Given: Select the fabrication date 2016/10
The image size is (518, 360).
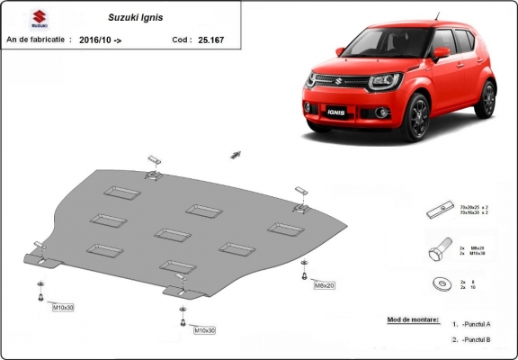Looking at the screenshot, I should pyautogui.click(x=101, y=40).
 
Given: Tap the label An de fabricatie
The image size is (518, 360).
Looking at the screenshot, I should pyautogui.click(x=36, y=40).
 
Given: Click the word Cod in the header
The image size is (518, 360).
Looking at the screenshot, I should pyautogui.click(x=180, y=40).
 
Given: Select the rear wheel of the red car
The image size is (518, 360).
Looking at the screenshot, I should pyautogui.click(x=487, y=98).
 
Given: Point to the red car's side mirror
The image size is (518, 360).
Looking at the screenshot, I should pyautogui.click(x=442, y=53).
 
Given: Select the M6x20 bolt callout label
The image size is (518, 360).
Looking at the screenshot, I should pyautogui.click(x=324, y=284).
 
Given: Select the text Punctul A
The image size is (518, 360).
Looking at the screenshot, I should pyautogui.click(x=477, y=324).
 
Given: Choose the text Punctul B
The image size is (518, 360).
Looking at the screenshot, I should pyautogui.click(x=477, y=339).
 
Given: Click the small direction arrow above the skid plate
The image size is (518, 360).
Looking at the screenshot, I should pyautogui.click(x=237, y=154).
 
